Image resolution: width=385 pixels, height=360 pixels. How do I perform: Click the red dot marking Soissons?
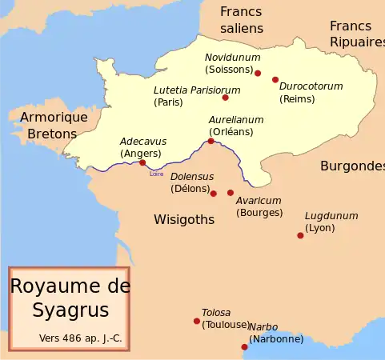[258, 73]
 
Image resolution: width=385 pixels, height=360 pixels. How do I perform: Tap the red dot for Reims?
[275, 80]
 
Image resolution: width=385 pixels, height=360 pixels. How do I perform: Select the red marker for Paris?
[226, 98]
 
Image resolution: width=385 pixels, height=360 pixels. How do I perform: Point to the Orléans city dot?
[211, 142]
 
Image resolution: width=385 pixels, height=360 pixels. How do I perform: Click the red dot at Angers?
[142, 162]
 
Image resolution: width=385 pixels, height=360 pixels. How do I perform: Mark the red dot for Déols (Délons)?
[213, 193]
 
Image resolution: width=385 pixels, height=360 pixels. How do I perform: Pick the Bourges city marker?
[231, 193]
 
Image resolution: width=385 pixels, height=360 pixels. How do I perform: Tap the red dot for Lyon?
[300, 235]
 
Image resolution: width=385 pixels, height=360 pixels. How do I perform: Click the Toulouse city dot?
[197, 321]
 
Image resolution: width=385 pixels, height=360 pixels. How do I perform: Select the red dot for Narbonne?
[245, 346]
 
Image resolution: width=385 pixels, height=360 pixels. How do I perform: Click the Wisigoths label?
[184, 218]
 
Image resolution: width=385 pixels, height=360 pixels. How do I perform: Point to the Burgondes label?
[352, 166]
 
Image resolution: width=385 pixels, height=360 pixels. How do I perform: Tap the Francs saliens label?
[241, 20]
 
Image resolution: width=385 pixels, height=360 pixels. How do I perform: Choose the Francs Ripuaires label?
[356, 34]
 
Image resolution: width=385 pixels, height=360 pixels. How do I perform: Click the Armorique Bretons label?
[52, 125]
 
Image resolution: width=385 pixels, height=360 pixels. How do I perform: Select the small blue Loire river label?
[156, 173]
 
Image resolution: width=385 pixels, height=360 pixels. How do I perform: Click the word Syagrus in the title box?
[70, 310]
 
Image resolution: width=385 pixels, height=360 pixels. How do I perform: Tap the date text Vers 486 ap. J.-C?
[80, 338]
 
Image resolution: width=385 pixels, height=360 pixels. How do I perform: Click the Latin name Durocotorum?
[311, 86]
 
